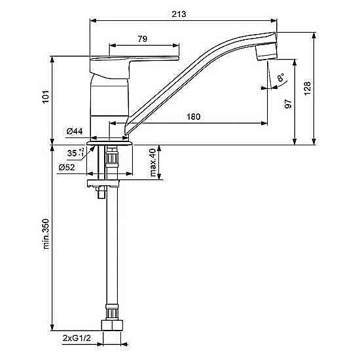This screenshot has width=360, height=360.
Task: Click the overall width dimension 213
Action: (x=179, y=14)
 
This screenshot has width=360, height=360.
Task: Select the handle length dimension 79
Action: (x=142, y=39)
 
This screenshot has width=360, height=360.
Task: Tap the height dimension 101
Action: (x=46, y=96)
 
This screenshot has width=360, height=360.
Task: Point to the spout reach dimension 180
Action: (x=194, y=117)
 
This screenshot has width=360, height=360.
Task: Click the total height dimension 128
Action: (x=307, y=88)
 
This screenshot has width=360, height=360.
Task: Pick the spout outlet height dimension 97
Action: (x=288, y=104)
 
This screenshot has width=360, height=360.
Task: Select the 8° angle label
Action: (x=281, y=78)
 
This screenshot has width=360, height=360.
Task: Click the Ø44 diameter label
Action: (x=75, y=132)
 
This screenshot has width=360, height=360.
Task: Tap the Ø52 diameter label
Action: (x=67, y=168)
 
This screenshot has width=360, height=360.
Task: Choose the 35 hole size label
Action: (x=75, y=153)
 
